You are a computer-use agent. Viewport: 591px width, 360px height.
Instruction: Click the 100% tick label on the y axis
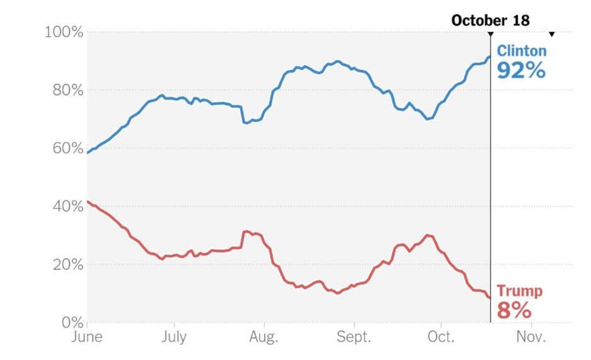coord(64,32)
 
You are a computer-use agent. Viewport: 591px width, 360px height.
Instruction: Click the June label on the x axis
coord(87,337)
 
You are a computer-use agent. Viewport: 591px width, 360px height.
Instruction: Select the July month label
coord(174,337)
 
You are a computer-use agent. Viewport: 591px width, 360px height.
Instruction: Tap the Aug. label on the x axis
coord(264,337)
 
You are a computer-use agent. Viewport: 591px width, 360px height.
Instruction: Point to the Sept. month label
coord(354,337)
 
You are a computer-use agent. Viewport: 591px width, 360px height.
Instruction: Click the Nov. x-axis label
coord(530,337)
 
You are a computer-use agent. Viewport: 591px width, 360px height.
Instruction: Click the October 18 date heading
coord(490,21)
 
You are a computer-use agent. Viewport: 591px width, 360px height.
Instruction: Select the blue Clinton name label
coord(522,51)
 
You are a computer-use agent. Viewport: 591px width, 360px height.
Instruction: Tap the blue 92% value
coord(521,70)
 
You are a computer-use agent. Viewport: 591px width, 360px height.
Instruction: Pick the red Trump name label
coord(519,291)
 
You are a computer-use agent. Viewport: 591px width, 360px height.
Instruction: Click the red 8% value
coord(514,310)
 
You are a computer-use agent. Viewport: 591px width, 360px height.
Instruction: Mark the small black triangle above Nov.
coord(552,34)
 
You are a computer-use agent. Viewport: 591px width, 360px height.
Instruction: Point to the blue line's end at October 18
coord(489,57)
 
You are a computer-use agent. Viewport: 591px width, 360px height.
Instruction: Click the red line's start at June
coord(88,201)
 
